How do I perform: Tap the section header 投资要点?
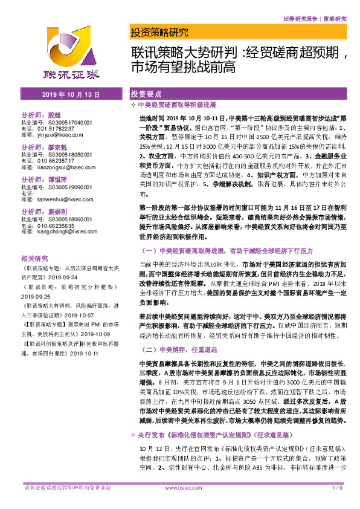coord(146,95)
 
